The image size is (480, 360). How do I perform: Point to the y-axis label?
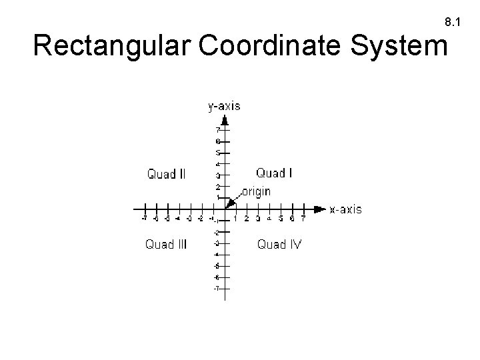click(225, 105)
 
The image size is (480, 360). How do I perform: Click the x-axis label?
click(346, 209)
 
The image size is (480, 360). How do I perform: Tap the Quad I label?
click(275, 173)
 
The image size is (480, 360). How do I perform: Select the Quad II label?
click(167, 175)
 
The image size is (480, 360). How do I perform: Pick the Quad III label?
click(167, 244)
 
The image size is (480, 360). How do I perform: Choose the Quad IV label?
click(280, 244)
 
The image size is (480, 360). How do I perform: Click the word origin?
click(257, 191)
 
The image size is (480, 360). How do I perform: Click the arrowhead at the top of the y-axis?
click(226, 120)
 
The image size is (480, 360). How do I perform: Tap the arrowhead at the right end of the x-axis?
click(321, 209)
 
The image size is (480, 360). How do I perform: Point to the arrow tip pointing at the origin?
click(229, 204)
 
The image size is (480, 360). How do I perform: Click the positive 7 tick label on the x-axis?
click(303, 219)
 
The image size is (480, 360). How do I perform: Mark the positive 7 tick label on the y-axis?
click(217, 130)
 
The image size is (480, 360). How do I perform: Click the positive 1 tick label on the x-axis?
click(236, 219)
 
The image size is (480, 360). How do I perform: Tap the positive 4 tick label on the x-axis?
click(269, 219)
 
